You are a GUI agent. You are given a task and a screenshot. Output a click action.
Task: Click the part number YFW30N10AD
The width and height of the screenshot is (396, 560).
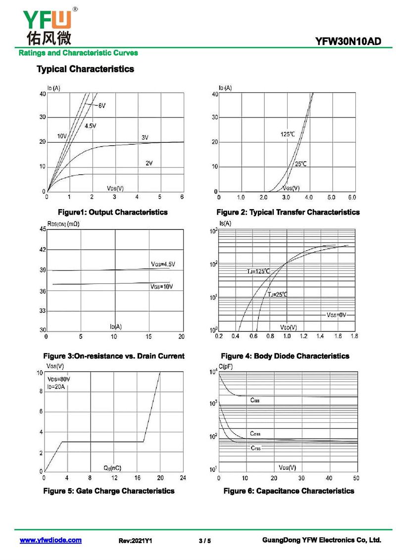[x=348, y=42]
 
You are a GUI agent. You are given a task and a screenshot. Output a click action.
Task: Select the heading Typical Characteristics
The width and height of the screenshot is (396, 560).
[x=85, y=69]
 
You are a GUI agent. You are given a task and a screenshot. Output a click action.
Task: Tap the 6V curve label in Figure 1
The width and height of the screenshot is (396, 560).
[x=101, y=106]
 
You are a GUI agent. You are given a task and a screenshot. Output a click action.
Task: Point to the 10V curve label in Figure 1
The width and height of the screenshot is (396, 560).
[x=62, y=136]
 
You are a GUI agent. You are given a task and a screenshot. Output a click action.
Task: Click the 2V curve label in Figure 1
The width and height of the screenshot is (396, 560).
[x=149, y=163]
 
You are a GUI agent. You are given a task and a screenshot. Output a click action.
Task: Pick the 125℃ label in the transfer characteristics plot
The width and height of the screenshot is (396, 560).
[x=288, y=134]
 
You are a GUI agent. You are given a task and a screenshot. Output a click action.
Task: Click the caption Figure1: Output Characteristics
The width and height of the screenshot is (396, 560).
[x=112, y=212]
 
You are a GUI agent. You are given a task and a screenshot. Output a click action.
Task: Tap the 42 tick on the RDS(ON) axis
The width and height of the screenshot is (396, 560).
[x=42, y=249]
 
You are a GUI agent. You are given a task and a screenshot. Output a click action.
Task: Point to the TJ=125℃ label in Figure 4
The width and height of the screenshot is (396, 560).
[x=258, y=271]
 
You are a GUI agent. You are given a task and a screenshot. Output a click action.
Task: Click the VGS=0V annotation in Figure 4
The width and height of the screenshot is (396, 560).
[x=337, y=315]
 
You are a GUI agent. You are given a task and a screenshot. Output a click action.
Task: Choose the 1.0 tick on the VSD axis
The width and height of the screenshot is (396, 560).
[x=287, y=336]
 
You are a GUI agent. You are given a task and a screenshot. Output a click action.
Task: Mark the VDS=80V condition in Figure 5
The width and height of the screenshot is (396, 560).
[x=58, y=379]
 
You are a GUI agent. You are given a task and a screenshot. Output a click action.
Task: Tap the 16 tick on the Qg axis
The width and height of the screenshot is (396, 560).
[x=137, y=478]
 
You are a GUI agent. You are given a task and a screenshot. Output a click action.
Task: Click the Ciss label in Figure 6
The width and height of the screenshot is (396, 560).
[x=255, y=400]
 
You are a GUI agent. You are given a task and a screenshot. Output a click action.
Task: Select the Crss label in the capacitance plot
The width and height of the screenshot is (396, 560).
[x=255, y=448]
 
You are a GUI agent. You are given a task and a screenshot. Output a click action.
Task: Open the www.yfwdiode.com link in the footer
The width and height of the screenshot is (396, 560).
[x=50, y=540]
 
